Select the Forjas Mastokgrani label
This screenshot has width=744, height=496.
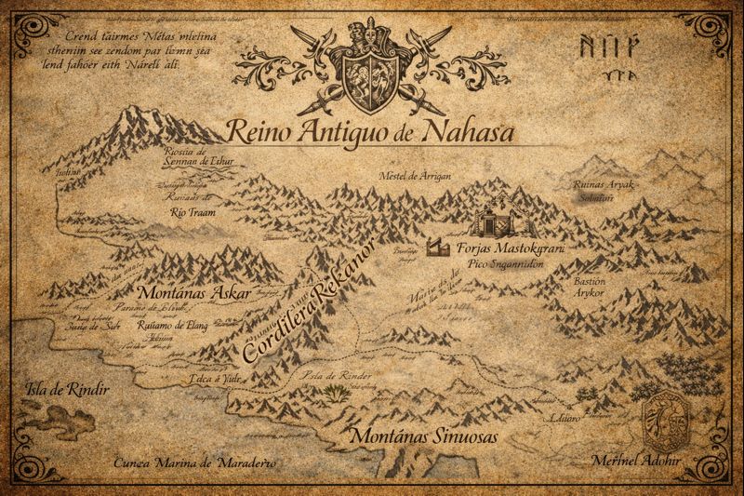[512, 250]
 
